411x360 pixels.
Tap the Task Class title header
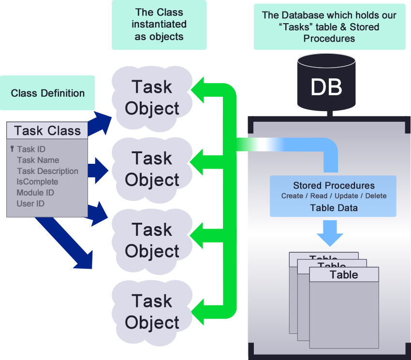pyautogui.click(x=47, y=130)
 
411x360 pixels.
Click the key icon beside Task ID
pyautogui.click(x=12, y=149)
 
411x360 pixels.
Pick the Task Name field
pyautogui.click(x=38, y=160)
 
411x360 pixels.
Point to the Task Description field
pyautogui.click(x=47, y=171)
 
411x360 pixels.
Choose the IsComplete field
pyautogui.click(x=37, y=182)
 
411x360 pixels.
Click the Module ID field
pyautogui.click(x=35, y=193)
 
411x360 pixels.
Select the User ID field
pyautogui.click(x=30, y=203)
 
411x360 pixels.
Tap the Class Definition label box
pyautogui.click(x=47, y=93)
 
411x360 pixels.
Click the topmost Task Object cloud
pyautogui.click(x=152, y=98)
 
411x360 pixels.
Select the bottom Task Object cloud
pyautogui.click(x=152, y=312)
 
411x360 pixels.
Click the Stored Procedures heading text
pyautogui.click(x=334, y=186)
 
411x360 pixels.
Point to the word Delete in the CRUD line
pyautogui.click(x=376, y=196)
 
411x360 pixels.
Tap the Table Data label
pyautogui.click(x=334, y=208)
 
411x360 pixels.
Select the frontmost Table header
pyautogui.click(x=344, y=275)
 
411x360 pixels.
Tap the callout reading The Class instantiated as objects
pyautogui.click(x=159, y=24)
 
